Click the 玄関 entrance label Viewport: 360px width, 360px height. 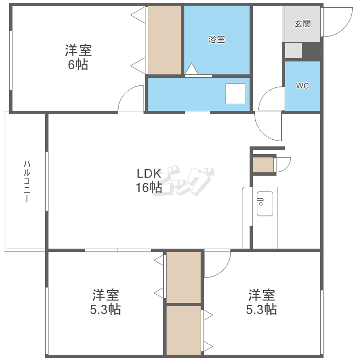(302, 24)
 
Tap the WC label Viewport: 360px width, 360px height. (302, 85)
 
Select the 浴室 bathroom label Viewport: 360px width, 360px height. (216, 39)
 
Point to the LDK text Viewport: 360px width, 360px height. (149, 174)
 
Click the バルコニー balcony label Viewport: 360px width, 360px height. (27, 181)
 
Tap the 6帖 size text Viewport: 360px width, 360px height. (78, 64)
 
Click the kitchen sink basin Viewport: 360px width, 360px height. (264, 204)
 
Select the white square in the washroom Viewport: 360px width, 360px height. (235, 94)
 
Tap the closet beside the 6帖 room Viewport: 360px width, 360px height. (165, 40)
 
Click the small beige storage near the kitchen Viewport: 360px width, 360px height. (263, 165)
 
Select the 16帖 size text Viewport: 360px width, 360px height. (149, 188)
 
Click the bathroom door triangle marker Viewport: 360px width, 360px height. (192, 69)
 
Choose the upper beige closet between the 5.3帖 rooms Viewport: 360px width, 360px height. (184, 277)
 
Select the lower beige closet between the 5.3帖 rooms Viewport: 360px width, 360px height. (184, 330)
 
